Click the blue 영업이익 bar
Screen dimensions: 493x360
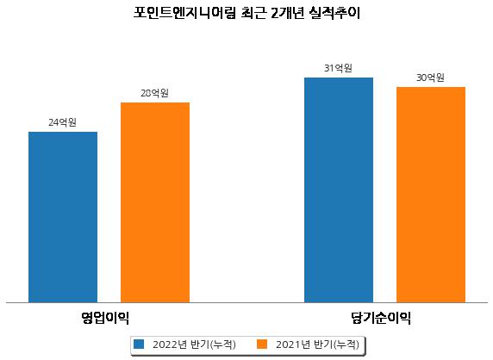pyautogui.click(x=63, y=217)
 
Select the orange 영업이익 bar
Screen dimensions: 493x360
pyautogui.click(x=155, y=202)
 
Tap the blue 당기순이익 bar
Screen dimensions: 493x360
pyautogui.click(x=339, y=190)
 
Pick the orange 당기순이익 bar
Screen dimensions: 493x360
pyautogui.click(x=431, y=195)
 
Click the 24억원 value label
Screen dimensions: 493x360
pyautogui.click(x=63, y=122)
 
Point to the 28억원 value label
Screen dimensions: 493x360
pyautogui.click(x=154, y=93)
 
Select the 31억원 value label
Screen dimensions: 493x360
pyautogui.click(x=339, y=68)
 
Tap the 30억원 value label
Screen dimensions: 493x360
pyautogui.click(x=430, y=78)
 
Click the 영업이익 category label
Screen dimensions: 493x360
pyautogui.click(x=105, y=318)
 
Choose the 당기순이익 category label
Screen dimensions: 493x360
pyautogui.click(x=381, y=318)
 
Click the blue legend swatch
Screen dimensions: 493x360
pyautogui.click(x=139, y=344)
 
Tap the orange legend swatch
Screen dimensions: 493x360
pyautogui.click(x=262, y=344)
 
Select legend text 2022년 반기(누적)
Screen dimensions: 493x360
pyautogui.click(x=194, y=344)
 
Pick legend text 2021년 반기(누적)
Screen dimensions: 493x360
pyautogui.click(x=317, y=344)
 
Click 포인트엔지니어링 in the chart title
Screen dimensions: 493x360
pyautogui.click(x=184, y=13)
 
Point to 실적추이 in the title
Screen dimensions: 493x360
pyautogui.click(x=334, y=13)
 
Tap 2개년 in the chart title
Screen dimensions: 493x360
pyautogui.click(x=287, y=13)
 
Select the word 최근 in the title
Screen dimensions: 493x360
pyautogui.click(x=253, y=13)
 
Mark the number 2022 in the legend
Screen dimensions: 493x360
pyautogui.click(x=165, y=344)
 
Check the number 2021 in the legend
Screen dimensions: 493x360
pyautogui.click(x=288, y=344)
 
